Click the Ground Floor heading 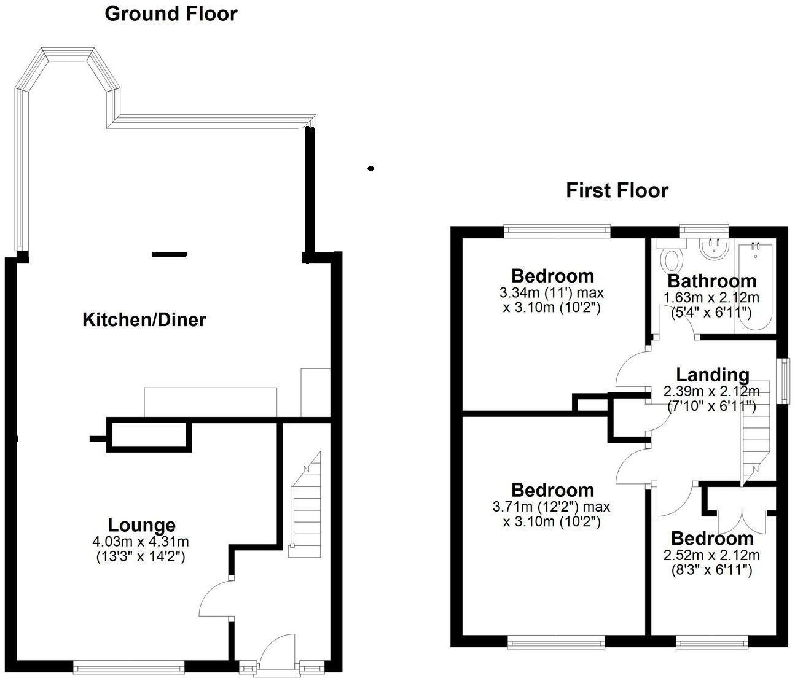pos(171,14)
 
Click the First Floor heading pos(617,190)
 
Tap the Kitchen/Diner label pos(144,319)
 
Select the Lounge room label pos(141,525)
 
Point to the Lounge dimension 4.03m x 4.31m pos(141,542)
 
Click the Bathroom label pos(711,281)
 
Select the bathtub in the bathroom pos(755,286)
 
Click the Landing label pos(712,375)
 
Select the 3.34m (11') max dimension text pos(552,294)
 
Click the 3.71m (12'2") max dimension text pos(552,507)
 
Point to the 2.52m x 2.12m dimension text pos(711,556)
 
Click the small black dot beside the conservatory pos(370,168)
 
